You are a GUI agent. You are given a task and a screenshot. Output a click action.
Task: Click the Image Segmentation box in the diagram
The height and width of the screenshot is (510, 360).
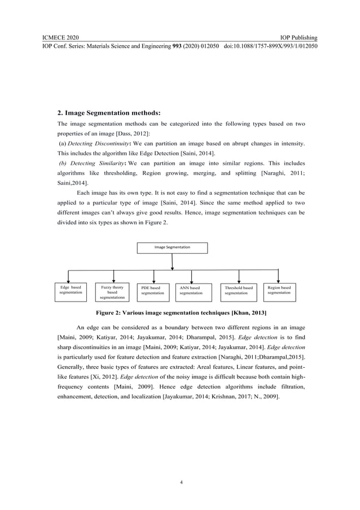click(x=172, y=248)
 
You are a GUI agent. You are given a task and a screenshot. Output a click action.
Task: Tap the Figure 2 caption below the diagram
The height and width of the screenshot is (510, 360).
click(x=181, y=313)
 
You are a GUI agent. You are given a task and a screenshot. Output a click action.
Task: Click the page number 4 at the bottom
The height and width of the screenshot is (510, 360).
click(x=180, y=482)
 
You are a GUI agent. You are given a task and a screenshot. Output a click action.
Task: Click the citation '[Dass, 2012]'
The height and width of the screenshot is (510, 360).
click(x=132, y=133)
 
